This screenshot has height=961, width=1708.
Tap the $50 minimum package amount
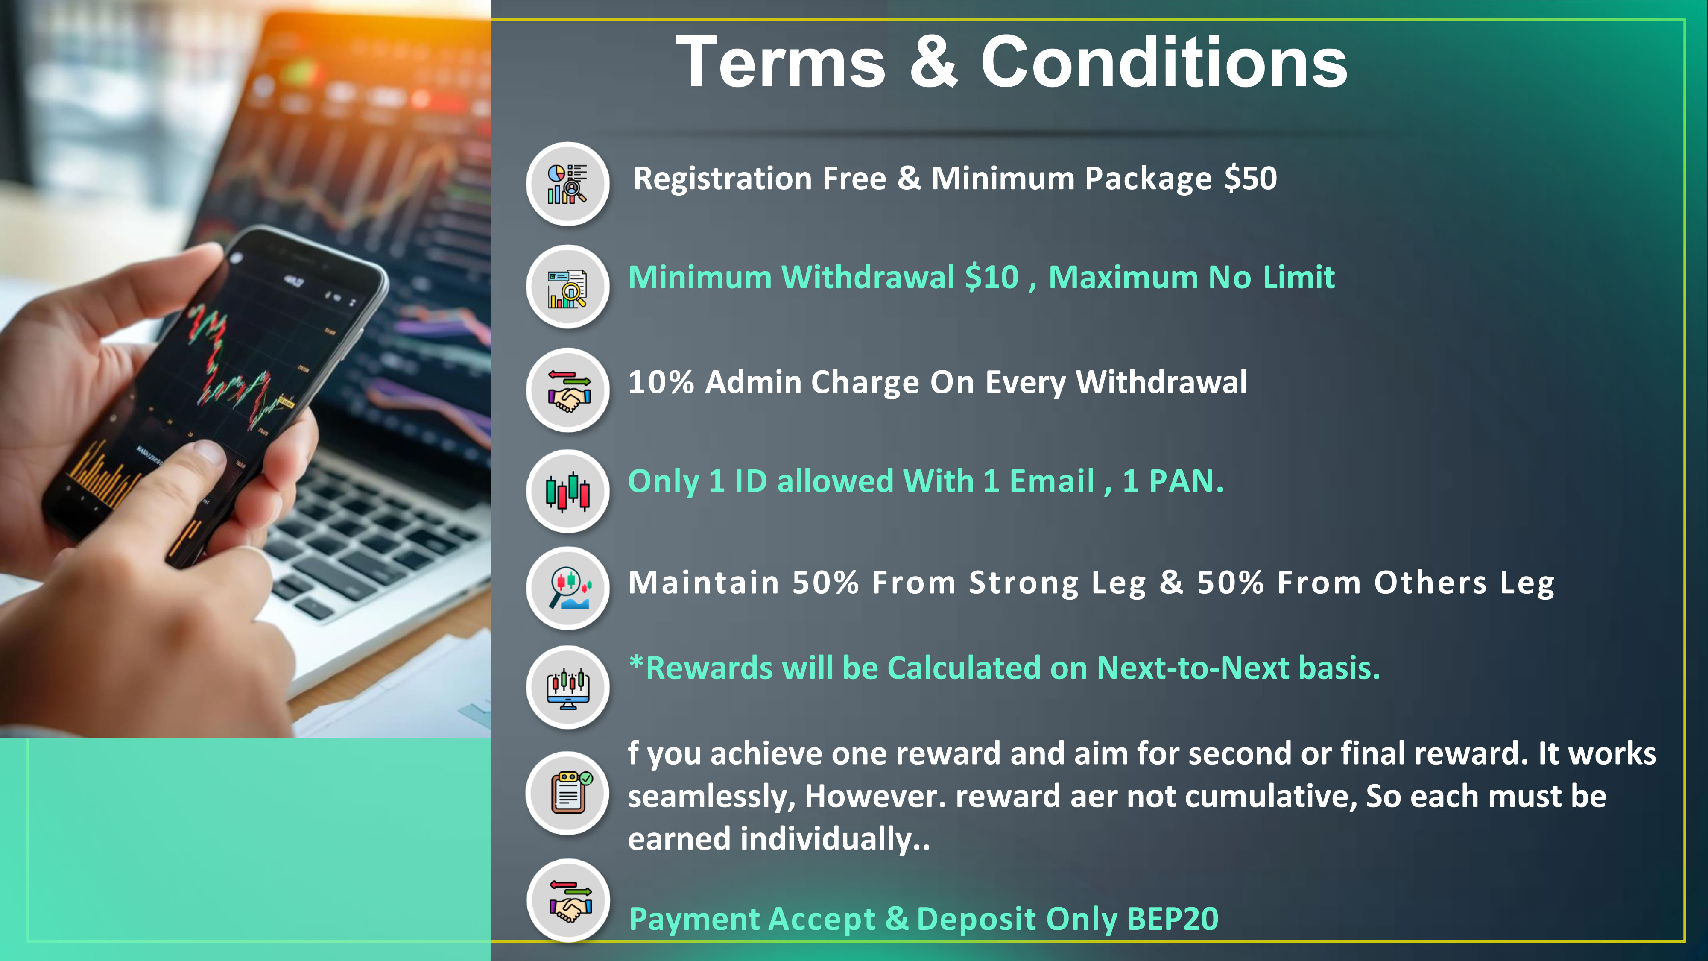coord(1251,179)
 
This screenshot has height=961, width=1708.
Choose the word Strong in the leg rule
coord(1024,583)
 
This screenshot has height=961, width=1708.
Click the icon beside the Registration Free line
coord(567,184)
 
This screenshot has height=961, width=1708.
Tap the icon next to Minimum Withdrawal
coord(567,287)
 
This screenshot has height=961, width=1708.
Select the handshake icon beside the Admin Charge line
coord(567,390)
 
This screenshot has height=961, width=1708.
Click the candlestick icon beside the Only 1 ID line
coord(567,492)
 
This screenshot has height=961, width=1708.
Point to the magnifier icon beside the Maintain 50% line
coord(567,588)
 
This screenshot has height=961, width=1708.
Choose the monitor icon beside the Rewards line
coord(567,687)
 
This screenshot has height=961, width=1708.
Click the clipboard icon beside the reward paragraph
coord(567,793)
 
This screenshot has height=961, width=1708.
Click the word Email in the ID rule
coord(1052,481)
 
